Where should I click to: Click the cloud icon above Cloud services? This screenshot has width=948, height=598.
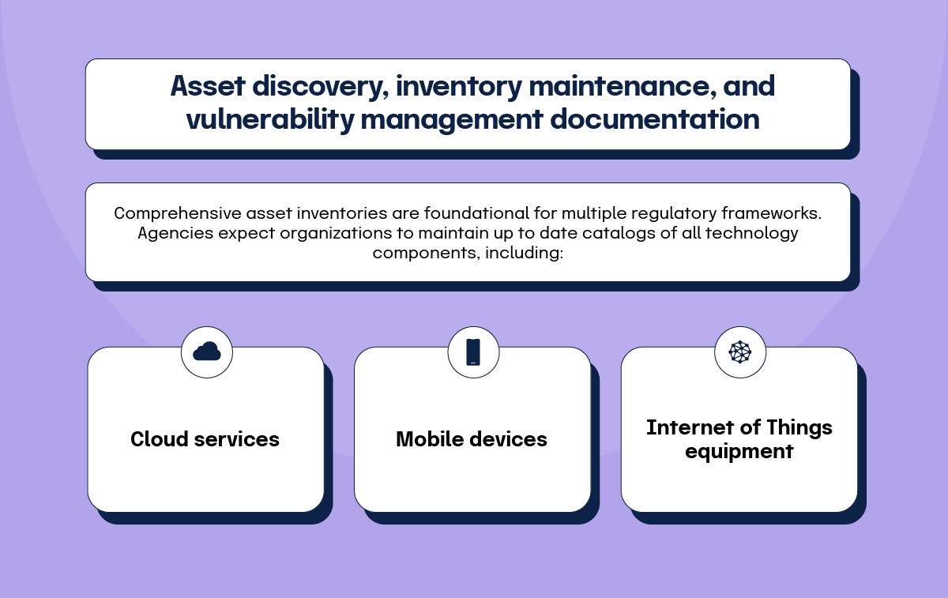206,352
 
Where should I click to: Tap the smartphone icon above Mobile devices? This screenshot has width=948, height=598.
473,352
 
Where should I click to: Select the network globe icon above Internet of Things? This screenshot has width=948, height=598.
739,352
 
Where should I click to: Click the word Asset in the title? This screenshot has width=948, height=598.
207,86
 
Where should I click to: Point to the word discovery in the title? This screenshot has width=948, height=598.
321,87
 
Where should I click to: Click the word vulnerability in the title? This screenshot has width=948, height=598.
270,119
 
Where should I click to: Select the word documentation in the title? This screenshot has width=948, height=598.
655,119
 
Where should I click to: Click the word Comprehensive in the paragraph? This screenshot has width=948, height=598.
178,213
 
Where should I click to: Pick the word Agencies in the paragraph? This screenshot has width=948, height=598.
175,234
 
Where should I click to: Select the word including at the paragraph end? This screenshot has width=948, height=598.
524,253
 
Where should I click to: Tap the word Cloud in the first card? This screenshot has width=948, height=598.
159,439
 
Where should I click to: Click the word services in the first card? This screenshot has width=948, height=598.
236,440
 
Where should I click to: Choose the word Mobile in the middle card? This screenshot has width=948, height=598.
430,439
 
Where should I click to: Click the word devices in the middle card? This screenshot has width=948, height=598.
508,439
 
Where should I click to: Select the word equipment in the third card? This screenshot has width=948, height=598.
739,452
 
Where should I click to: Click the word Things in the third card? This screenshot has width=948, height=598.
799,428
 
